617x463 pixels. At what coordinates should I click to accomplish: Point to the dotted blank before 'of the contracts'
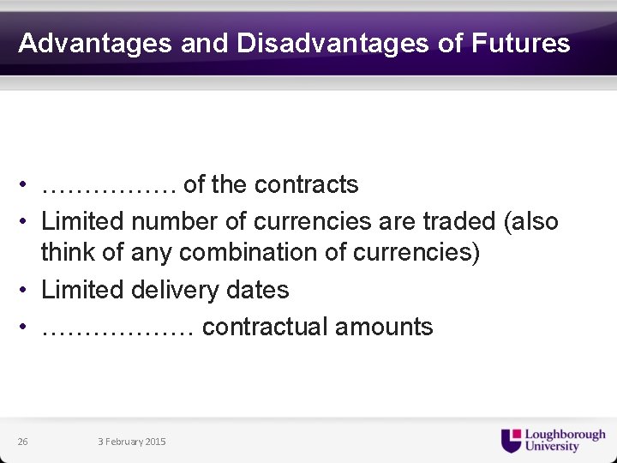coord(109,185)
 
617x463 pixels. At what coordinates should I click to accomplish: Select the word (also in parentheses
coord(530,221)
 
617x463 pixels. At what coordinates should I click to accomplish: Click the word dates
coord(258,290)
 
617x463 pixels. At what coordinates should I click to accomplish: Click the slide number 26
coord(22,442)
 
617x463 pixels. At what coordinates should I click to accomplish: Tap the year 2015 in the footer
coord(155,442)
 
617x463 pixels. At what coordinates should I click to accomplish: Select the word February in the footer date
coord(123,442)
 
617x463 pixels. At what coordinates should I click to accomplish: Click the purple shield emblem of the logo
coord(511,441)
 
